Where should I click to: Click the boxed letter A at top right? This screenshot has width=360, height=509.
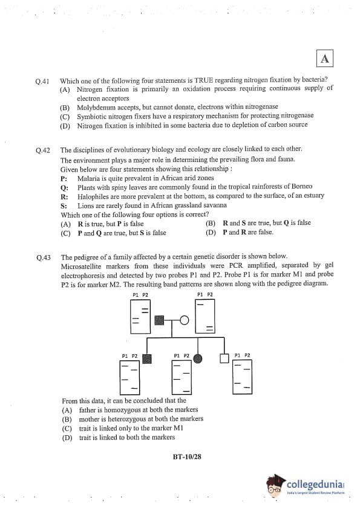click(324, 59)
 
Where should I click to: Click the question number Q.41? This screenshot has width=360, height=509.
click(42, 81)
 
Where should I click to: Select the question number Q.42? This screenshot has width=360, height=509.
click(43, 151)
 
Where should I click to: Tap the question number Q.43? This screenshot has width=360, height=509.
click(44, 258)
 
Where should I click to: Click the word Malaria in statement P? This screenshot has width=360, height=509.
click(88, 178)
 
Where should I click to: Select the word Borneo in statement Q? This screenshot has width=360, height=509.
click(302, 186)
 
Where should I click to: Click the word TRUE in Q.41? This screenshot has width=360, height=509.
click(204, 80)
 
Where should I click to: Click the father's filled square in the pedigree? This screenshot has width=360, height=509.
click(159, 320)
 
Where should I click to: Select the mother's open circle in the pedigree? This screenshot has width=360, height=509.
click(184, 320)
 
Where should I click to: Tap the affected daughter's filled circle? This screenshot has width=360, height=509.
click(197, 358)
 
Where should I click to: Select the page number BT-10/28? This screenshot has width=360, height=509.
click(187, 457)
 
